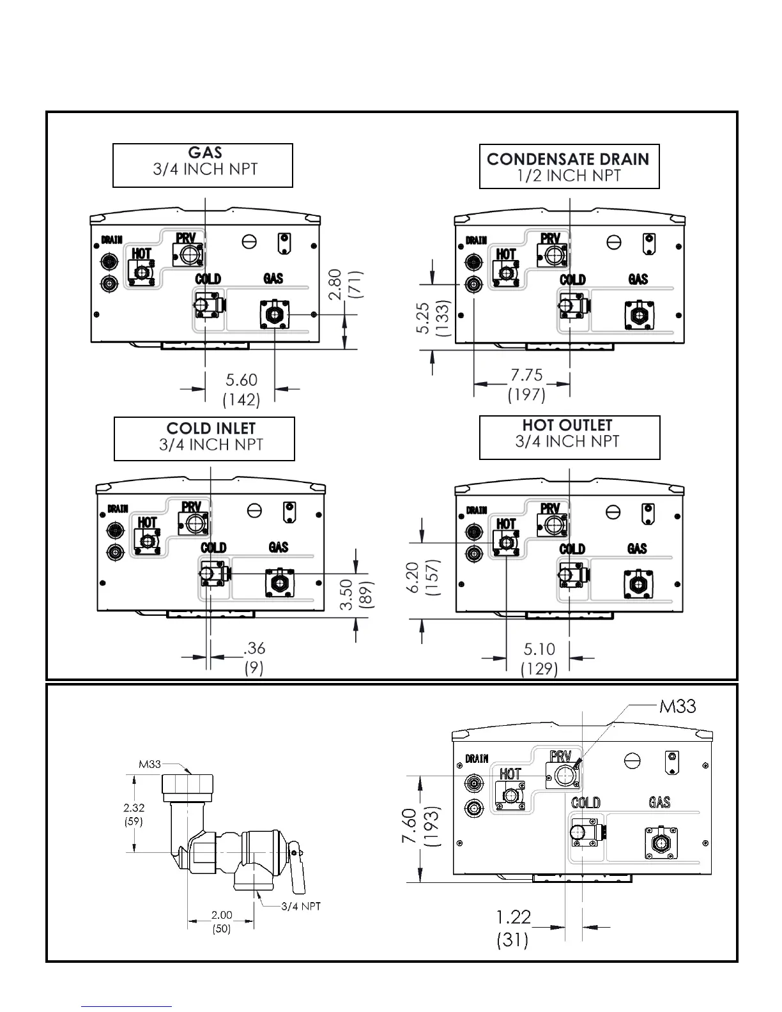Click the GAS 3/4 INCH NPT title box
203,165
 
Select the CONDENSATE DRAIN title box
569,166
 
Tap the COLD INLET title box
204,438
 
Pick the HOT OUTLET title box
569,437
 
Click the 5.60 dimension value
241,380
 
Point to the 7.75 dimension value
526,375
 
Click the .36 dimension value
254,648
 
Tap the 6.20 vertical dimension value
413,577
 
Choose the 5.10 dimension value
539,650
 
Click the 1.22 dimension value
513,917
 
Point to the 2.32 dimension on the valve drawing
134,808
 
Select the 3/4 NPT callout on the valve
301,906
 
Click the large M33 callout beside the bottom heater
677,707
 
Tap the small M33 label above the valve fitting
149,764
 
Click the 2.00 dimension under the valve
222,916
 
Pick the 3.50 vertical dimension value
346,594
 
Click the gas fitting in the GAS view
274,315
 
